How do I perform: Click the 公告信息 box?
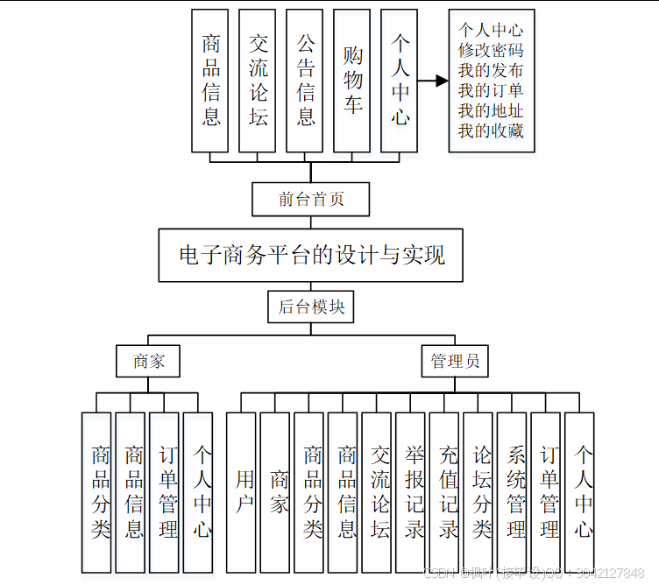click(305, 81)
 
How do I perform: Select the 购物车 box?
click(352, 81)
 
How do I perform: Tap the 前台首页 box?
click(311, 199)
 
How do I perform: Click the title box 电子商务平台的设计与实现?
click(311, 255)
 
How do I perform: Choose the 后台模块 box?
click(311, 307)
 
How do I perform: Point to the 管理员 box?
click(454, 361)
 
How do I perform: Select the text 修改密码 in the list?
click(491, 50)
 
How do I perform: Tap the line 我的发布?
click(491, 70)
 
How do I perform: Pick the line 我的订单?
click(491, 90)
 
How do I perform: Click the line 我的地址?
click(491, 110)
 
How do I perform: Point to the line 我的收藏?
click(491, 130)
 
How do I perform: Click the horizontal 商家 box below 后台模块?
click(148, 361)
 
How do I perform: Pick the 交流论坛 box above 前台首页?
click(258, 81)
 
